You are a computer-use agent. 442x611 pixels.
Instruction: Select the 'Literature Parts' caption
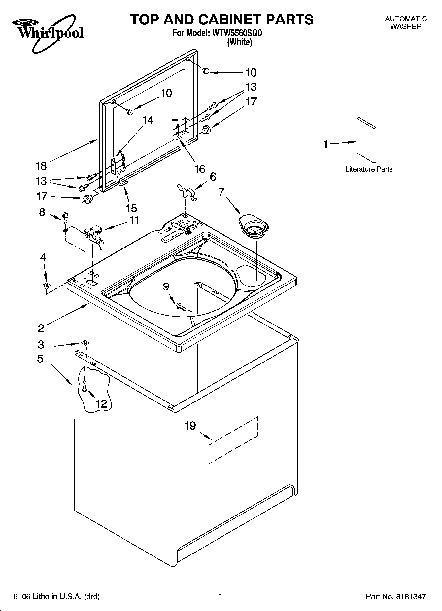click(369, 169)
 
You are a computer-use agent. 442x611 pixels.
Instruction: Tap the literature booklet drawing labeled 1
click(366, 140)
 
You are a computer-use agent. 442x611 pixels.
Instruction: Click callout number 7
click(221, 191)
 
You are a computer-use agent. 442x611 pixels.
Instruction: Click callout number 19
click(190, 426)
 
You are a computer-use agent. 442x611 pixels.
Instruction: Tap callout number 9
click(166, 286)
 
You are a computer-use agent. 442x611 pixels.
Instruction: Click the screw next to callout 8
click(65, 217)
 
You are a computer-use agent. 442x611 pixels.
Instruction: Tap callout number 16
click(199, 169)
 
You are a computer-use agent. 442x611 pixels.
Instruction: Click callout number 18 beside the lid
click(41, 165)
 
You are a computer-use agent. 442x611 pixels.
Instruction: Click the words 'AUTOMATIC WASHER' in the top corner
click(406, 23)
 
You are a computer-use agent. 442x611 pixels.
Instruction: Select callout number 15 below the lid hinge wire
click(131, 208)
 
